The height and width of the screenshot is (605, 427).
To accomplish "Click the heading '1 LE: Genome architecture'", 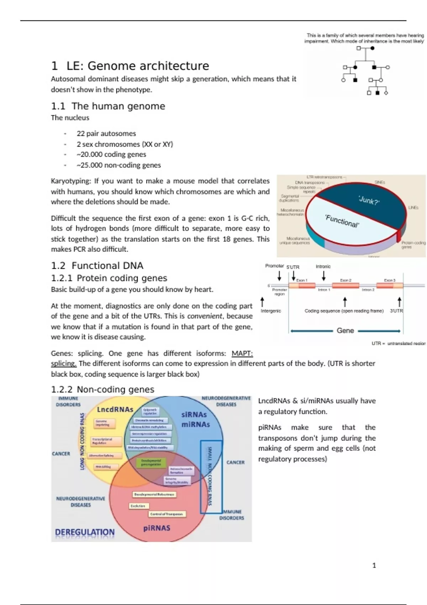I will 130,66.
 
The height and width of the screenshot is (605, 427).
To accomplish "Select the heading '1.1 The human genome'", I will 108,106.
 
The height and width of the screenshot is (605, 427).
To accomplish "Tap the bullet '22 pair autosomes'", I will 106,133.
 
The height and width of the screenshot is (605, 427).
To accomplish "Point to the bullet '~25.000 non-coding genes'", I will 118,165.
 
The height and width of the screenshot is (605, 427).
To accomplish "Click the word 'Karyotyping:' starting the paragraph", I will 71,181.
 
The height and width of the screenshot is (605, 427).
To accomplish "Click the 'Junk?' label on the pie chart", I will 369,200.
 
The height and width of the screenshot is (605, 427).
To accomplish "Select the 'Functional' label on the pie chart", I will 342,221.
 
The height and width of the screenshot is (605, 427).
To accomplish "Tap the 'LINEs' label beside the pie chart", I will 413,207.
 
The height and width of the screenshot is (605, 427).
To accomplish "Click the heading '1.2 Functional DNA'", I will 97,265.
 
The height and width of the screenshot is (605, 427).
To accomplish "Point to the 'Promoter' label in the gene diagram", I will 274,266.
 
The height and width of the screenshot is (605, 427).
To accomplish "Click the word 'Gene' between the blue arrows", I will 345,331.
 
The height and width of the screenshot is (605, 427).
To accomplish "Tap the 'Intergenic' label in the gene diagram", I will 271,311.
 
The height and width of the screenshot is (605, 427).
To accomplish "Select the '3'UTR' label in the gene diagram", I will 396,311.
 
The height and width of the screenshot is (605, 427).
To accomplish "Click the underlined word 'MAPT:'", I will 242,353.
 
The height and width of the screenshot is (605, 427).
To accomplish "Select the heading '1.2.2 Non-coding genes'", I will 102,389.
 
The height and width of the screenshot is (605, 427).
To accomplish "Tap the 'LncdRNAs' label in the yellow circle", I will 115,409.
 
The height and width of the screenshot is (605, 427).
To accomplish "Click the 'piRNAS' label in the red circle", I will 157,528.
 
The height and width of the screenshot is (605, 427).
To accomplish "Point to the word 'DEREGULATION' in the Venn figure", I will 85,532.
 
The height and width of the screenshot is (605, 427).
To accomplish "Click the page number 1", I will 374,565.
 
